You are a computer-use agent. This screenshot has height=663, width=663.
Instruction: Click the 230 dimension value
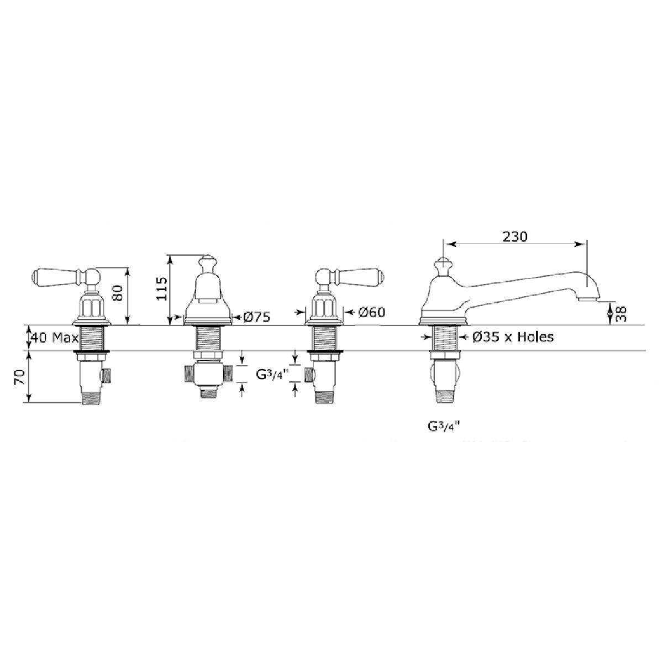pos(515,236)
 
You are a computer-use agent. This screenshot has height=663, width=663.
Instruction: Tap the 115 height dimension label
pos(161,288)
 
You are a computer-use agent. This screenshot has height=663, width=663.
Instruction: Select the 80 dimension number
pos(118,293)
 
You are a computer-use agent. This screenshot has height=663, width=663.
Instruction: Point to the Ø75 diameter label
pos(257,317)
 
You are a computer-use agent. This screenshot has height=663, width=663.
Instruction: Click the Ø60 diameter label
pos(372,312)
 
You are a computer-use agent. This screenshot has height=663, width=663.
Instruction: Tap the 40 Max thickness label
pos(54,338)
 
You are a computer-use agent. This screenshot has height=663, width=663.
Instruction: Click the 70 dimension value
pos(19,377)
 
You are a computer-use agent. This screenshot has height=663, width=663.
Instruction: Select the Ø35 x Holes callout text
pos(513,337)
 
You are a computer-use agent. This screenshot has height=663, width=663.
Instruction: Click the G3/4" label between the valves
pos(270,375)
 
